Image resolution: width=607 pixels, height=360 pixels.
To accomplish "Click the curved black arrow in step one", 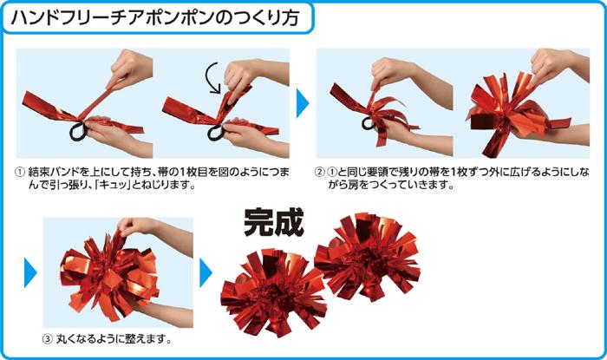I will [212, 79].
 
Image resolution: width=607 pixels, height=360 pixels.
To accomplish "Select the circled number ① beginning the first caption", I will [21, 171].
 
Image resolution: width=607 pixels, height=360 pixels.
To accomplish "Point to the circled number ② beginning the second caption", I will [320, 171].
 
